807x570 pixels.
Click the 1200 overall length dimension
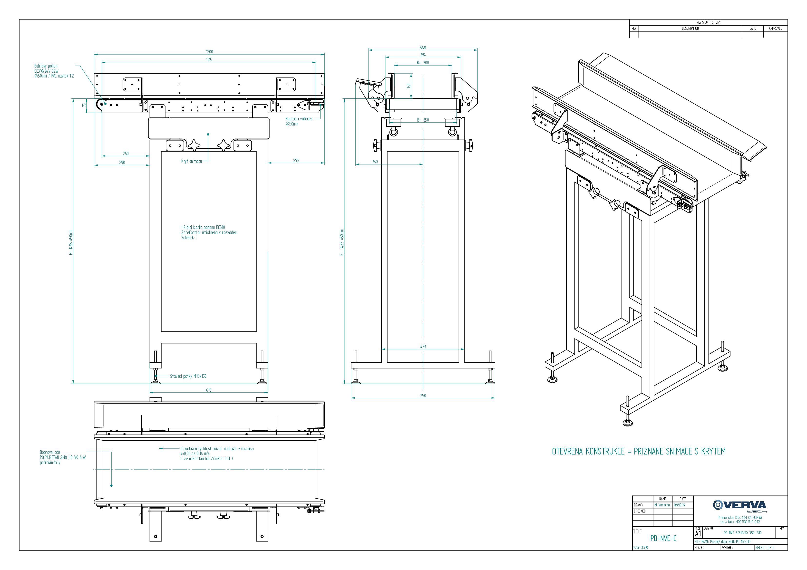pyautogui.click(x=209, y=52)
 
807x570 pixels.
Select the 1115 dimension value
pyautogui.click(x=209, y=60)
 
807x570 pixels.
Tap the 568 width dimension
pyautogui.click(x=423, y=48)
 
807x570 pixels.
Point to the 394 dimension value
pyautogui.click(x=423, y=55)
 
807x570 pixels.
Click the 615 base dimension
pyautogui.click(x=209, y=390)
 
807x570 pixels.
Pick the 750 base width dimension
pyautogui.click(x=423, y=396)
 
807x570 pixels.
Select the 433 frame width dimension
pyautogui.click(x=423, y=347)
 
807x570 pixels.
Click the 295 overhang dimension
pyautogui.click(x=296, y=160)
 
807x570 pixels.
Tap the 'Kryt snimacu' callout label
pyautogui.click(x=192, y=161)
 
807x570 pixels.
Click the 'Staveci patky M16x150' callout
pyautogui.click(x=188, y=376)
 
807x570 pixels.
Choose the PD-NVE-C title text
pyautogui.click(x=663, y=538)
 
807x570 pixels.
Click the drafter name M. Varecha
pyautogui.click(x=662, y=505)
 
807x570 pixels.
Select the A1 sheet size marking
pyautogui.click(x=698, y=534)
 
